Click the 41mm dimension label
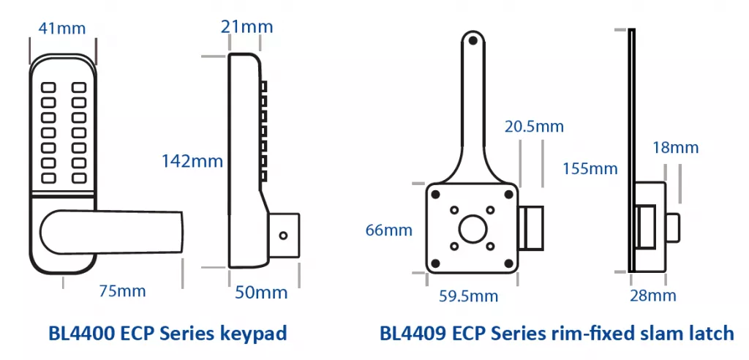click(x=61, y=29)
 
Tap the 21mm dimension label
click(x=246, y=27)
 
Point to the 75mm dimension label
click(x=122, y=291)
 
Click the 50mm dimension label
click(x=261, y=293)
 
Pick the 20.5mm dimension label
click(x=535, y=127)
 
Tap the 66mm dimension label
click(x=388, y=230)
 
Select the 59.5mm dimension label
click(x=468, y=296)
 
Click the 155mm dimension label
click(x=590, y=169)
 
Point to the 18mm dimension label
click(x=674, y=148)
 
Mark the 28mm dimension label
click(x=652, y=296)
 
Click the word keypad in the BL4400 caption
click(x=252, y=334)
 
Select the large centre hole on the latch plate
click(x=471, y=228)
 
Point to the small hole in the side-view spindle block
click(x=285, y=236)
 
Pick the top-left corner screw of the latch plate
click(x=435, y=194)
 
